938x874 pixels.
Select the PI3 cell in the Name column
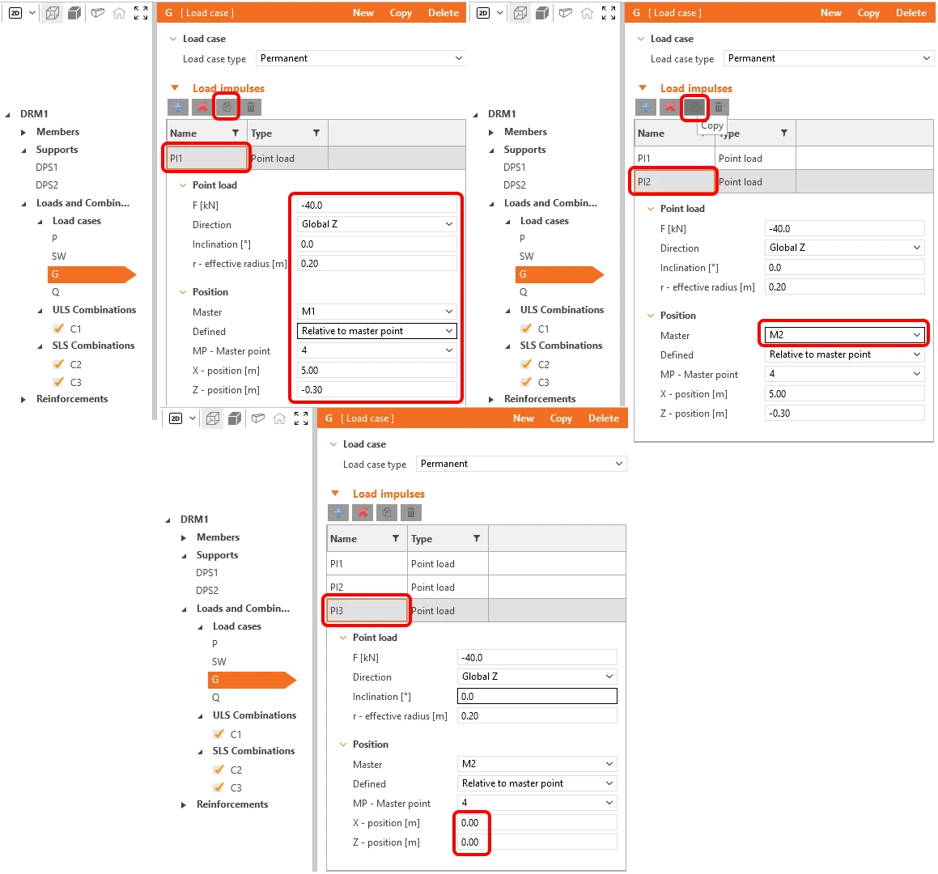click(x=367, y=610)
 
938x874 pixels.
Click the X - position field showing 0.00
click(x=536, y=822)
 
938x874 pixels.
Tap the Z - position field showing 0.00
click(x=536, y=842)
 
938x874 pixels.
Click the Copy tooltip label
click(x=712, y=125)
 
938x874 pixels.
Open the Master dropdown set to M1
click(x=377, y=311)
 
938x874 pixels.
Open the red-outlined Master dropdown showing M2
click(x=844, y=335)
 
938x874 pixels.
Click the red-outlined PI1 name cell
click(x=206, y=158)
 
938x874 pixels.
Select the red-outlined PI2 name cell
click(x=673, y=181)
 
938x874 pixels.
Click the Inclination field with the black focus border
click(x=537, y=696)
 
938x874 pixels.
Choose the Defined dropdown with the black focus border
click(x=377, y=331)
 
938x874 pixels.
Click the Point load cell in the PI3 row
click(x=448, y=610)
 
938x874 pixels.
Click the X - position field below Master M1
click(x=377, y=371)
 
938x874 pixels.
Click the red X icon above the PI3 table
click(x=363, y=512)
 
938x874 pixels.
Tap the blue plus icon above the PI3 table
click(x=338, y=512)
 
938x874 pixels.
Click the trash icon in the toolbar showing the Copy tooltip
click(x=719, y=107)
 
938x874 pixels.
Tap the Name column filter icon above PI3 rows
click(x=396, y=538)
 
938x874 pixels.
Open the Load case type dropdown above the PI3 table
click(x=521, y=464)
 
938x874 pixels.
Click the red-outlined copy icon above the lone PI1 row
click(x=227, y=107)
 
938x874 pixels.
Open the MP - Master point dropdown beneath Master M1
click(x=377, y=350)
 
